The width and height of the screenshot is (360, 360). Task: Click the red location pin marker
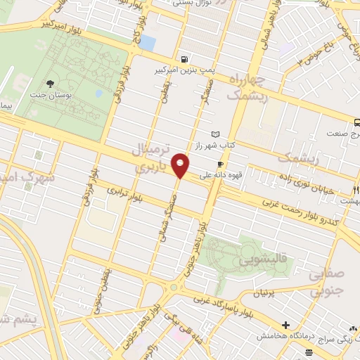tap(181, 165)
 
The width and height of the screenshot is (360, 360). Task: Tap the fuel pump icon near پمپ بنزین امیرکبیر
tap(184, 60)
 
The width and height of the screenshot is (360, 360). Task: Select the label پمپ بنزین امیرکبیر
tap(185, 72)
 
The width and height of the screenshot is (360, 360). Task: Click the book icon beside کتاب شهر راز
tap(215, 134)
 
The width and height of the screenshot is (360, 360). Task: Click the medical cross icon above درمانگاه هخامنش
tap(285, 325)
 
